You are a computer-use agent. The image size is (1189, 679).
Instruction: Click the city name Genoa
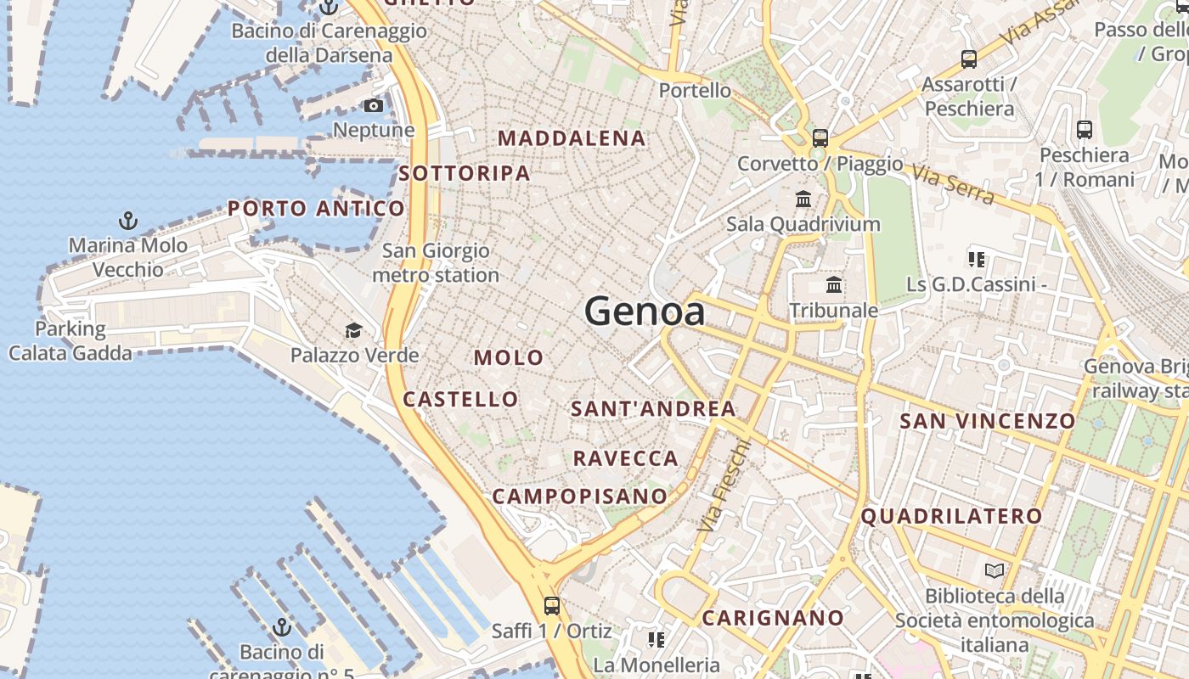coord(645,311)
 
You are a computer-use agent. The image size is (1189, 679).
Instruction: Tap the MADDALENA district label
coord(572,138)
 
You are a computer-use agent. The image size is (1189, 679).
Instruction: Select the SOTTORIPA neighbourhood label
coord(465,173)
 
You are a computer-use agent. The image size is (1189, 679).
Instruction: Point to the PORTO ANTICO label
coord(316,208)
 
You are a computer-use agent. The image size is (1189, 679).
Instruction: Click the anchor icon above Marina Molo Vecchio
coord(127,222)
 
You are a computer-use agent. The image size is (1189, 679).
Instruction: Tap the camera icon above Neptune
coord(374,106)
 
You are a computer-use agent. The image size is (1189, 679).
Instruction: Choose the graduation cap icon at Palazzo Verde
coord(353,330)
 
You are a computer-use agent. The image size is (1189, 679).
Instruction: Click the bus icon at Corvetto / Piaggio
coord(820,138)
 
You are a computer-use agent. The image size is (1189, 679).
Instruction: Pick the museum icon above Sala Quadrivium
coord(803,199)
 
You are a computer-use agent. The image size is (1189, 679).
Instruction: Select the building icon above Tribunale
coord(834,285)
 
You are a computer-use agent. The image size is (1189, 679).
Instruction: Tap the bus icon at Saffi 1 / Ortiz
coord(552,606)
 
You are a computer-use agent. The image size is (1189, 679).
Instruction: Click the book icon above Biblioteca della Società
coord(995,570)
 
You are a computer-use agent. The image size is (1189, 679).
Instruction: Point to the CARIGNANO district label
coord(773,618)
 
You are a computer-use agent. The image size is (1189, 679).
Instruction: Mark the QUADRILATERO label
coord(952,516)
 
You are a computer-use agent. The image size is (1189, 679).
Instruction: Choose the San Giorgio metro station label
coord(436,263)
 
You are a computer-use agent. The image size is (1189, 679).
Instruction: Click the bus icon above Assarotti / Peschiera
coord(969,59)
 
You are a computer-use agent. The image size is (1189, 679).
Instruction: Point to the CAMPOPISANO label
coord(580,496)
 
